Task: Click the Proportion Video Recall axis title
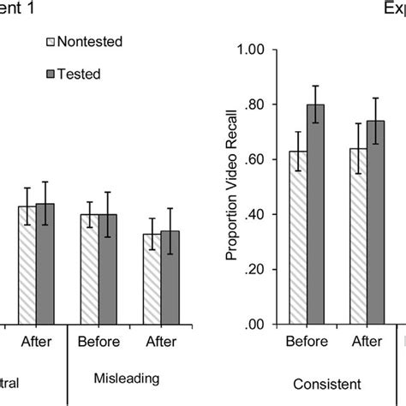(230, 187)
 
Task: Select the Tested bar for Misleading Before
(108, 269)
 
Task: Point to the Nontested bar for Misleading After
(152, 278)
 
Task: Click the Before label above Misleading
(99, 341)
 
